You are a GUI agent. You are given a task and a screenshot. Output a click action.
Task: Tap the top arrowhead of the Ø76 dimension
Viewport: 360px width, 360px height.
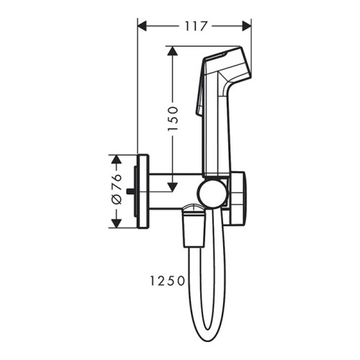point(115,158)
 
